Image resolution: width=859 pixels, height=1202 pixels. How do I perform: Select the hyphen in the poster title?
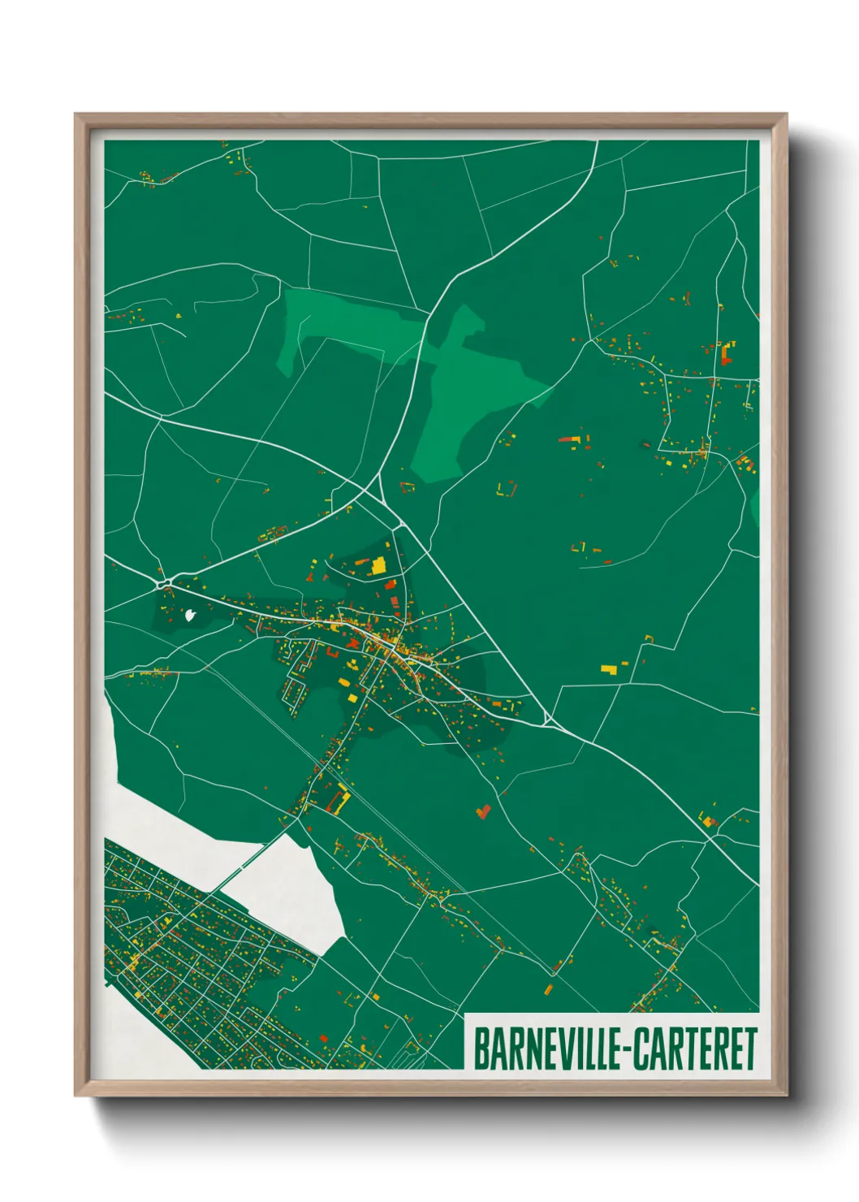coord(624,1050)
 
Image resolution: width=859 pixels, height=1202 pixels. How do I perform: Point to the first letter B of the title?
coord(480,1049)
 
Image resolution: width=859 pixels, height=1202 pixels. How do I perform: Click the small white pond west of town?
coord(191,615)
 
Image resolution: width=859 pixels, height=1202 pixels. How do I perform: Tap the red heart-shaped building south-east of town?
coord(484,811)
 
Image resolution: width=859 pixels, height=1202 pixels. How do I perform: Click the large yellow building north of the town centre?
coord(378,566)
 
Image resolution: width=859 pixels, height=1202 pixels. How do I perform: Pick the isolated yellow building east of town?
coord(608,668)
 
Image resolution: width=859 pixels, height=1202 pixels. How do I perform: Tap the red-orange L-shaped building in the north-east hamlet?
coord(725,353)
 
